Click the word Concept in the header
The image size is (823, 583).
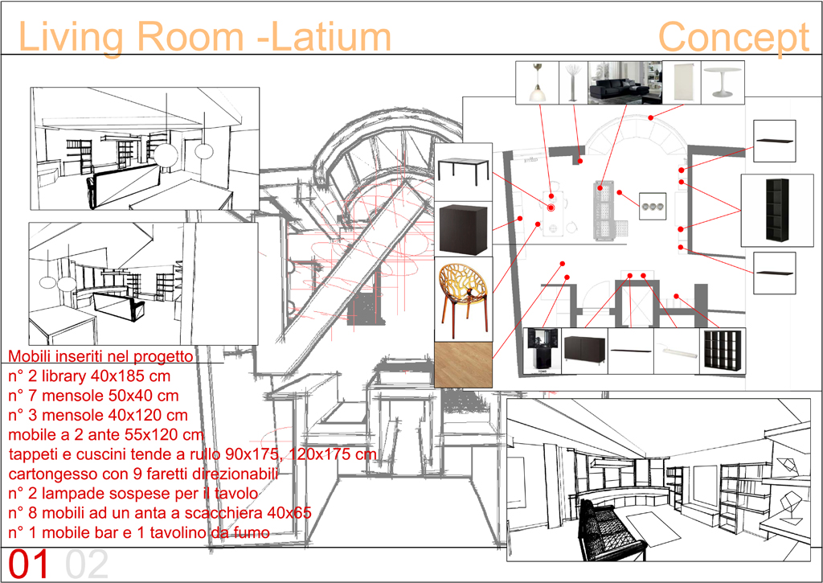tap(733, 37)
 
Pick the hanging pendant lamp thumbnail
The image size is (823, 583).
tap(536, 82)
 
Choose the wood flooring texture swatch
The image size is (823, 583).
tap(462, 365)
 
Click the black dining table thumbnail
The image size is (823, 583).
tap(464, 171)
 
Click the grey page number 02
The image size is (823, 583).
tap(87, 565)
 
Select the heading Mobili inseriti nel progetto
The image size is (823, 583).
tap(100, 356)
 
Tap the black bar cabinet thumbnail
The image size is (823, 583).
tap(542, 351)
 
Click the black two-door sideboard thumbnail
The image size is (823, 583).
tap(584, 351)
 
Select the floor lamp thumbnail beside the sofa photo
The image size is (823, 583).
tap(572, 82)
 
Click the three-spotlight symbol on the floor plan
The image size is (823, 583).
tap(653, 207)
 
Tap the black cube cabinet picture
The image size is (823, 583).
tap(463, 229)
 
